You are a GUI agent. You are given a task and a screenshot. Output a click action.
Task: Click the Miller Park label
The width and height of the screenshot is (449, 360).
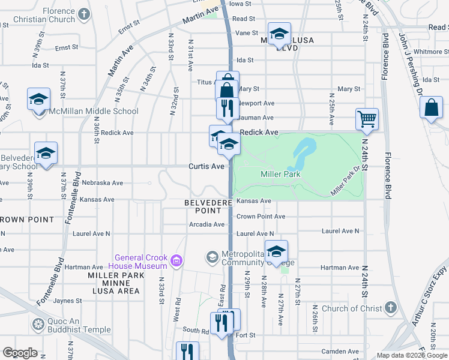(x=280, y=174)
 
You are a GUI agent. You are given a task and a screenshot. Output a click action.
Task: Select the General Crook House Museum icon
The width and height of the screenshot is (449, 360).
(x=176, y=260)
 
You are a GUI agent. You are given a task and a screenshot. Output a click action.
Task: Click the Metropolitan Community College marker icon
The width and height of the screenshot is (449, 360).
(x=212, y=257)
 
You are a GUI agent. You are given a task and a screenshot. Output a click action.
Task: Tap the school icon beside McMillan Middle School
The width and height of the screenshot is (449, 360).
(x=38, y=98)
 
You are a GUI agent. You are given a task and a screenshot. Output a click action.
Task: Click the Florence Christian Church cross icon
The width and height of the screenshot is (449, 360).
(x=85, y=14)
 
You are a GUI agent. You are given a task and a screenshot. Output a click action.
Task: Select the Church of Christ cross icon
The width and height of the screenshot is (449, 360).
(x=390, y=308)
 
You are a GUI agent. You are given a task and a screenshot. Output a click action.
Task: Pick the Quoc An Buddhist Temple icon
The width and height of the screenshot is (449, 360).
(x=38, y=325)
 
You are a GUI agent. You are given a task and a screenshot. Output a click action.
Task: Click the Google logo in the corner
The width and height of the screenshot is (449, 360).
(x=20, y=353)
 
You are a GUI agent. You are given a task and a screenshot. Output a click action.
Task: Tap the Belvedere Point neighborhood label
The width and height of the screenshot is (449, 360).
(x=208, y=207)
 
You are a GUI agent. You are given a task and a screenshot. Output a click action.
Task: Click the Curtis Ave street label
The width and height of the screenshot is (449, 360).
(x=206, y=166)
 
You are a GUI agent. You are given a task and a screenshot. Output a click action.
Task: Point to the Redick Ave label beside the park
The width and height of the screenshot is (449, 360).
(x=259, y=132)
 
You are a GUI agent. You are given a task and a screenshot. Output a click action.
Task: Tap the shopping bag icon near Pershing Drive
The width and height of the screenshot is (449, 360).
(x=432, y=109)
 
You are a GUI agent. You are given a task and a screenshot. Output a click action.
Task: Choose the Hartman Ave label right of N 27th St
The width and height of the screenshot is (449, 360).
(x=340, y=268)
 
